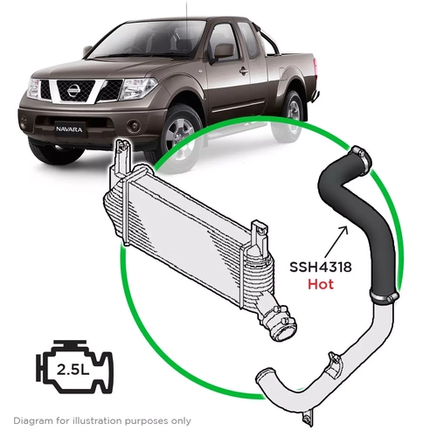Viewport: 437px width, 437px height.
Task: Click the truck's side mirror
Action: coord(222,51)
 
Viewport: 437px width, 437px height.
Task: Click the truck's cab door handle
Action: coord(243,73)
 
